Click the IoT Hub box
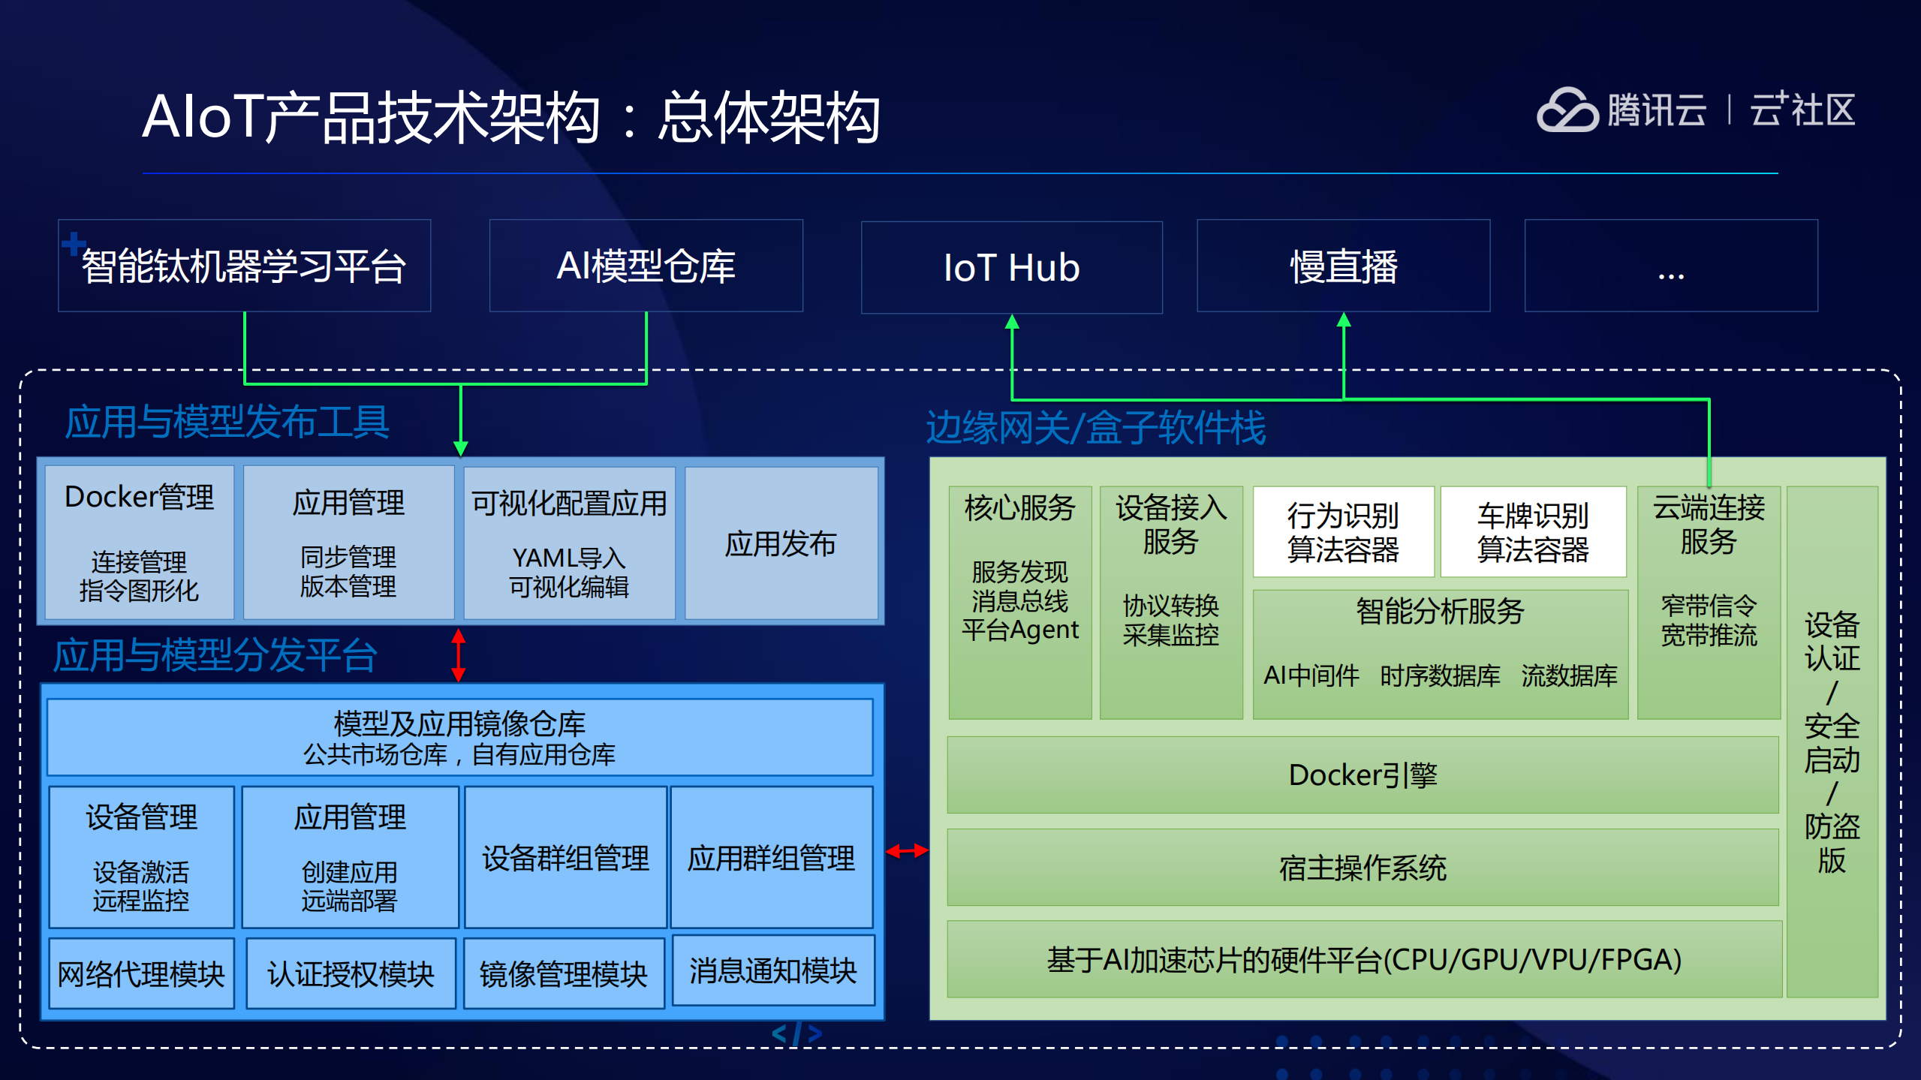pos(1011,267)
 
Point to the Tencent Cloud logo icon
pos(1567,111)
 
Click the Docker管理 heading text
pos(139,497)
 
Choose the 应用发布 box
pos(781,543)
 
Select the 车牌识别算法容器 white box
pos(1533,532)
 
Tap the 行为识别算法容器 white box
pos(1343,532)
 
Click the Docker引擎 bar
pos(1362,775)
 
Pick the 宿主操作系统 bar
pos(1362,868)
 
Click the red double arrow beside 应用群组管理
pos(907,851)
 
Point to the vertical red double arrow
pos(459,654)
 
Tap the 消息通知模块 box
pos(773,970)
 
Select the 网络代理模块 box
pos(141,974)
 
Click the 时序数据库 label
pos(1440,675)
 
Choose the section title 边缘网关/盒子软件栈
pos(1095,428)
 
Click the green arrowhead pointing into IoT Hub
pos(1012,322)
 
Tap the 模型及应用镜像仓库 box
pos(459,738)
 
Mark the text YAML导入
pos(569,558)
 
